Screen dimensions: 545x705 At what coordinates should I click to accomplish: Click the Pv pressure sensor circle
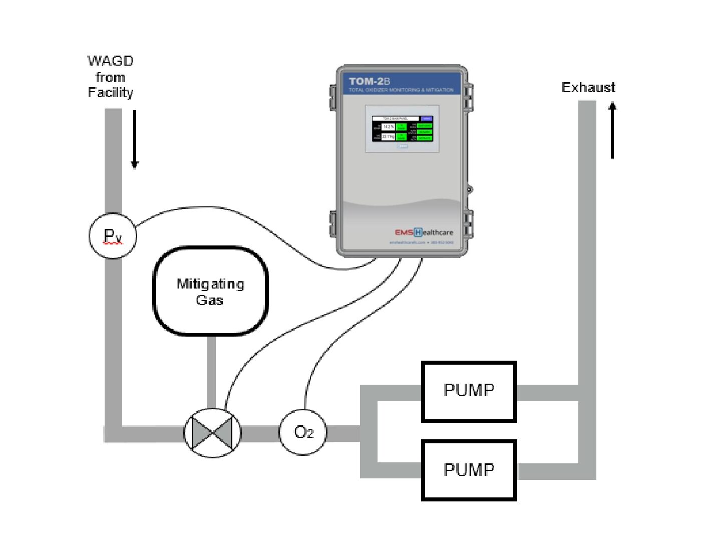pos(113,235)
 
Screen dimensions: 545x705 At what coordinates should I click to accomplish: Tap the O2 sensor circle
pos(303,432)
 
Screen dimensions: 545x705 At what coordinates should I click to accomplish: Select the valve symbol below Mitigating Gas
pos(212,433)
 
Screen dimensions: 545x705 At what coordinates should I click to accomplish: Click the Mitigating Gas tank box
pos(210,291)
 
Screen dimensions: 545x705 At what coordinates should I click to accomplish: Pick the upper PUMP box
pos(469,391)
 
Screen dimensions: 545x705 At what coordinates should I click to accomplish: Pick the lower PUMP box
pos(469,470)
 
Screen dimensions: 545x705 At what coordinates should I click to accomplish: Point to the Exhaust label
pos(588,88)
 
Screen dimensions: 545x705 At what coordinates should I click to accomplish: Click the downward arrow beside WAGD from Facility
pos(134,140)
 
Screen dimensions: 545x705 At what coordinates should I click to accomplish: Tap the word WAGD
pos(110,61)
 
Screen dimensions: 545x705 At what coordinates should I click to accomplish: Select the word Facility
pos(110,93)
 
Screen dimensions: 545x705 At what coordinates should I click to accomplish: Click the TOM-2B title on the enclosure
pos(370,81)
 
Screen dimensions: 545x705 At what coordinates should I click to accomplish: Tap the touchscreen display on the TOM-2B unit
pos(402,129)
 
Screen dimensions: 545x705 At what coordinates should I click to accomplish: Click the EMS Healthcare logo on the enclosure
pos(424,232)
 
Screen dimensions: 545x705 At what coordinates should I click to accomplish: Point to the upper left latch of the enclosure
pos(332,97)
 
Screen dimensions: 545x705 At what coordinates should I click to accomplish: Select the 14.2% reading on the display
pos(389,127)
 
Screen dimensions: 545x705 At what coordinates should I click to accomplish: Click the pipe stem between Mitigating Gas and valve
pos(211,371)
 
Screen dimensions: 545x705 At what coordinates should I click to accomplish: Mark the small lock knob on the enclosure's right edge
pos(469,189)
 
